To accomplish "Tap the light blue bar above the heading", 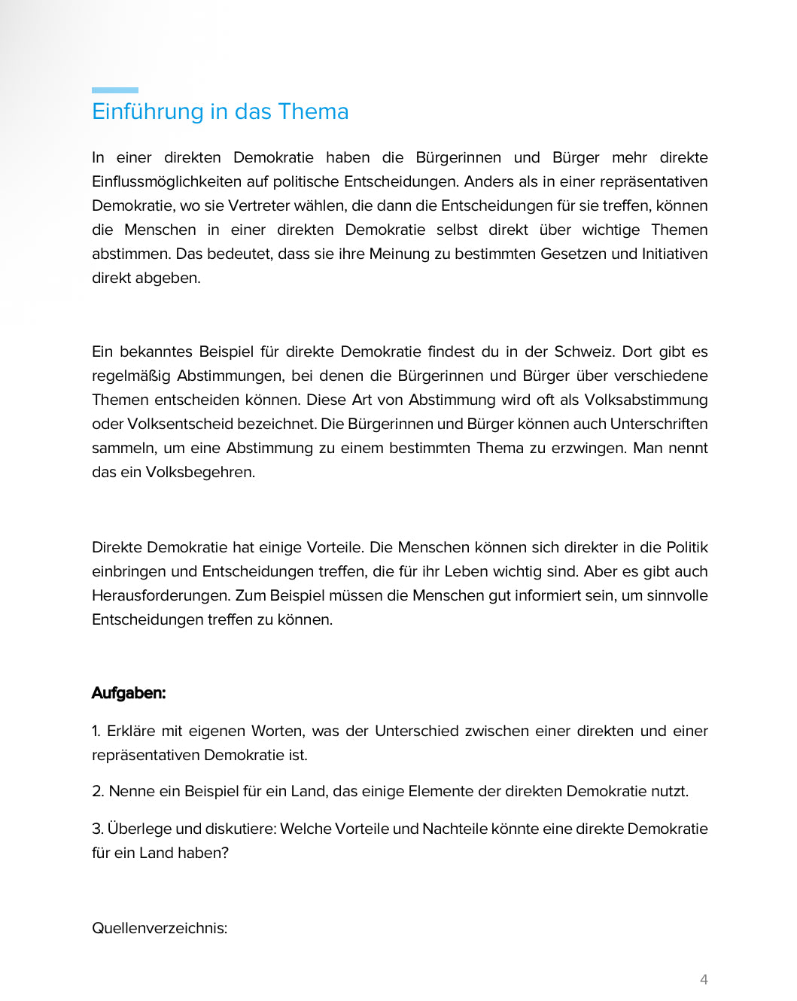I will pos(115,90).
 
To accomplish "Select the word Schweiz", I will pos(583,351).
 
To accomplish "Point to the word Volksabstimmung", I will pos(646,400).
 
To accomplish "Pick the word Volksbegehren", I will pos(200,472).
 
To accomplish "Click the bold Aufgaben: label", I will pos(129,693).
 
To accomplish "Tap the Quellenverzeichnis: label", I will pos(160,928).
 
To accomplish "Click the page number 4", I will pos(704,979).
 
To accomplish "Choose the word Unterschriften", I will pos(659,424).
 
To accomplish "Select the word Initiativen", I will pos(674,254).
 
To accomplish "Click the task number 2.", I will pos(98,791).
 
